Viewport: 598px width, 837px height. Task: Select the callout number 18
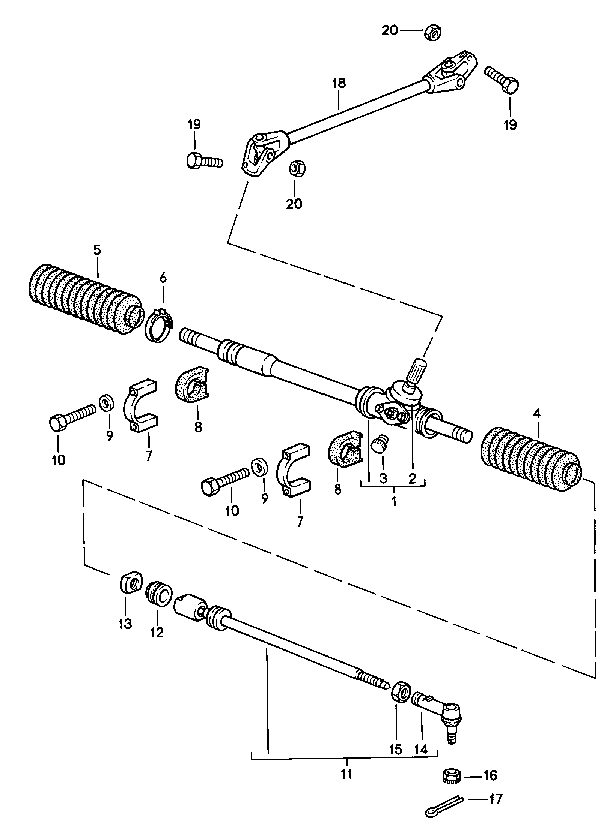[339, 83]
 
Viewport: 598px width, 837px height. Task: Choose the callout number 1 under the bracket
[394, 501]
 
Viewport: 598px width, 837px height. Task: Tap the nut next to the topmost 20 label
[433, 33]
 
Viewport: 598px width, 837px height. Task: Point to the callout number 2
[412, 478]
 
